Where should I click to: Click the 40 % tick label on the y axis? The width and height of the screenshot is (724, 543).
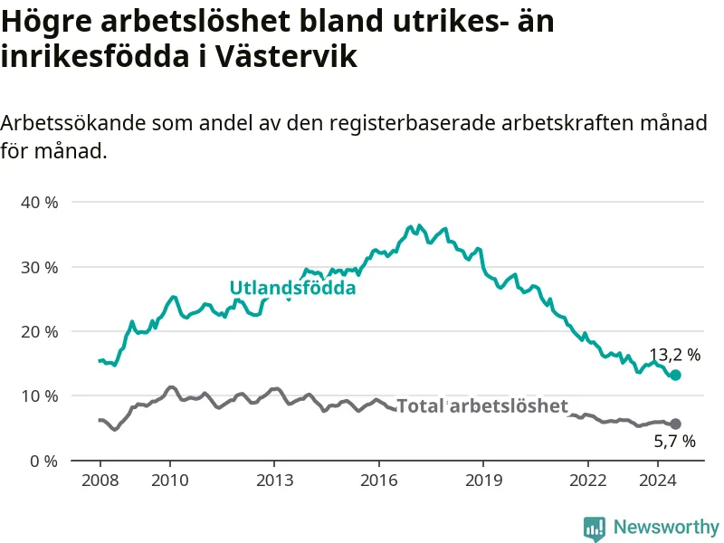(40, 202)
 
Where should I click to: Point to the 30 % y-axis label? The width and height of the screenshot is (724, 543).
(40, 267)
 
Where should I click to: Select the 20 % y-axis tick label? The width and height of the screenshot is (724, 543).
(40, 331)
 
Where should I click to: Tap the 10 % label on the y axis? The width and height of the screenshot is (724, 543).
(40, 396)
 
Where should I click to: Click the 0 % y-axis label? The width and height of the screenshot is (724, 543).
(43, 461)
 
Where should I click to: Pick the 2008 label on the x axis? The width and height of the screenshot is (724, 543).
(100, 481)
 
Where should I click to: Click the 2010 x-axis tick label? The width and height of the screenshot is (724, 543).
(170, 481)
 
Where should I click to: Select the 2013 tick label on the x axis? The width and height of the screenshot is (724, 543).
(275, 481)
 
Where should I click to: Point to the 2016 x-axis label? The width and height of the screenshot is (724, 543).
(379, 481)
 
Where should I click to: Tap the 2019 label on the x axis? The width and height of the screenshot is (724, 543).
(483, 481)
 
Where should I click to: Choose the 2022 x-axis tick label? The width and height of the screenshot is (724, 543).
(587, 481)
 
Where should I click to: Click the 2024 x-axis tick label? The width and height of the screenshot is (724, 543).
(658, 481)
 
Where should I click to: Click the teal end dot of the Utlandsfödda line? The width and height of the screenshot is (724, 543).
(675, 375)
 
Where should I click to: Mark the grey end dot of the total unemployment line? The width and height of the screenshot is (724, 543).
(675, 424)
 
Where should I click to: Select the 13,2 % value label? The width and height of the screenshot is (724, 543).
(675, 355)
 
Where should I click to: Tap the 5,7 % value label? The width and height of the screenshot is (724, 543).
(674, 442)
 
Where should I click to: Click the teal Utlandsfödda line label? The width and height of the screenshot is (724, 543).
(292, 288)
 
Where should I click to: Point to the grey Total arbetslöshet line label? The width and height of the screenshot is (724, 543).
(482, 405)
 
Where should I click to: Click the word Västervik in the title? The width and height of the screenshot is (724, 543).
(286, 56)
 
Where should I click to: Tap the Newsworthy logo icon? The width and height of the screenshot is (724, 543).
(595, 529)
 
